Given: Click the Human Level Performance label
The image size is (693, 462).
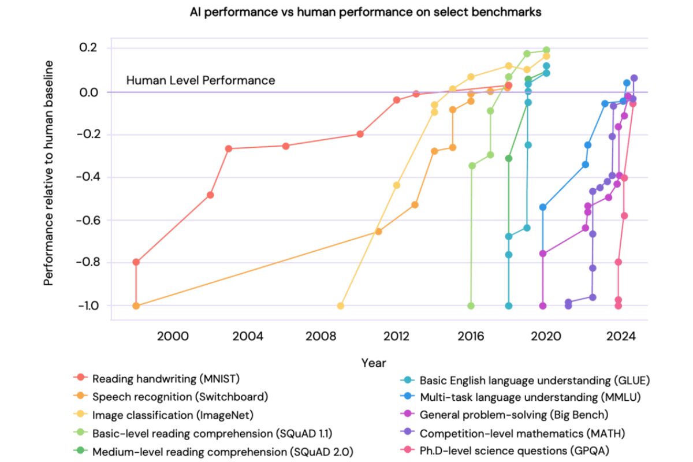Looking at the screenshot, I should click(200, 81).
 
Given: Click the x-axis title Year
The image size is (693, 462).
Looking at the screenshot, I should click(374, 363).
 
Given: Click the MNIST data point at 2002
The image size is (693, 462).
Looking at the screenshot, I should click(210, 195).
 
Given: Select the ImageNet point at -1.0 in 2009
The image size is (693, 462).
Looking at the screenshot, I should click(341, 305).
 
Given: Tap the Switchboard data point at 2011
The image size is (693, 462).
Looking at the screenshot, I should click(378, 232).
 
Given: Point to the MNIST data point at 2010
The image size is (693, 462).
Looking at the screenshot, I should click(360, 134).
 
